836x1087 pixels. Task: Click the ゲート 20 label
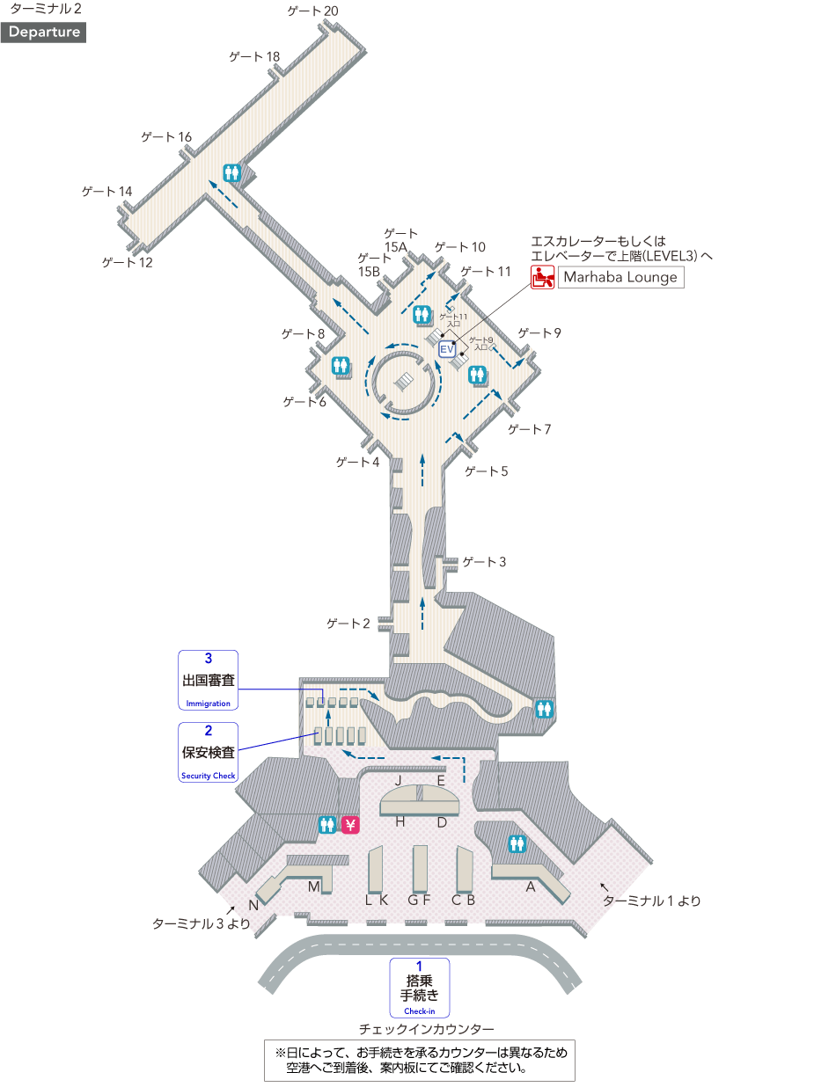click(x=312, y=11)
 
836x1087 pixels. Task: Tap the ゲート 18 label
click(x=254, y=57)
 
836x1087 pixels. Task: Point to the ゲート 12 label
click(x=127, y=262)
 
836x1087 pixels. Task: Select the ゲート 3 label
click(x=484, y=562)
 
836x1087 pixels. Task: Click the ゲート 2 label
click(x=348, y=624)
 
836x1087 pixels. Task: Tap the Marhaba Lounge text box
click(x=620, y=277)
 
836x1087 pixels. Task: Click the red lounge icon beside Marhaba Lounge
click(x=542, y=277)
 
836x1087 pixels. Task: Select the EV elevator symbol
click(x=446, y=349)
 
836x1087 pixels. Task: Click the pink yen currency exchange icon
click(x=350, y=825)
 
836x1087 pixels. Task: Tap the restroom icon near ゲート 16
click(x=233, y=173)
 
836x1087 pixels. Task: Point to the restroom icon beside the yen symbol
click(x=327, y=825)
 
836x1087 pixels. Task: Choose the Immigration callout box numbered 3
click(x=209, y=680)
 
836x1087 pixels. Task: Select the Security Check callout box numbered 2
click(x=209, y=753)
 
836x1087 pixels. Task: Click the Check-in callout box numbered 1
click(x=420, y=988)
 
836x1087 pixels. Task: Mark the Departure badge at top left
click(x=45, y=33)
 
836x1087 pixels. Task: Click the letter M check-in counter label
click(x=313, y=886)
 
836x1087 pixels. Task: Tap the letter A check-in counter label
click(x=531, y=887)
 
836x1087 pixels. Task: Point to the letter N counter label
click(x=253, y=906)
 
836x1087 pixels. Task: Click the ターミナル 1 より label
click(x=652, y=901)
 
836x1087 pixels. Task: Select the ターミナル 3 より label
click(x=202, y=923)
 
